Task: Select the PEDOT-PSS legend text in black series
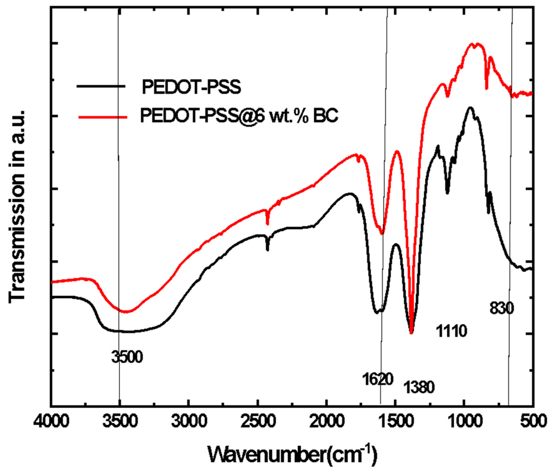tap(191, 87)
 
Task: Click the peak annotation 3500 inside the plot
tap(127, 357)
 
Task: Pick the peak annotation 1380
tap(419, 387)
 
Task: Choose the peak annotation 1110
tap(452, 331)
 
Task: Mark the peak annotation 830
tap(501, 309)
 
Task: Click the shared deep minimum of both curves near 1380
tap(411, 333)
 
